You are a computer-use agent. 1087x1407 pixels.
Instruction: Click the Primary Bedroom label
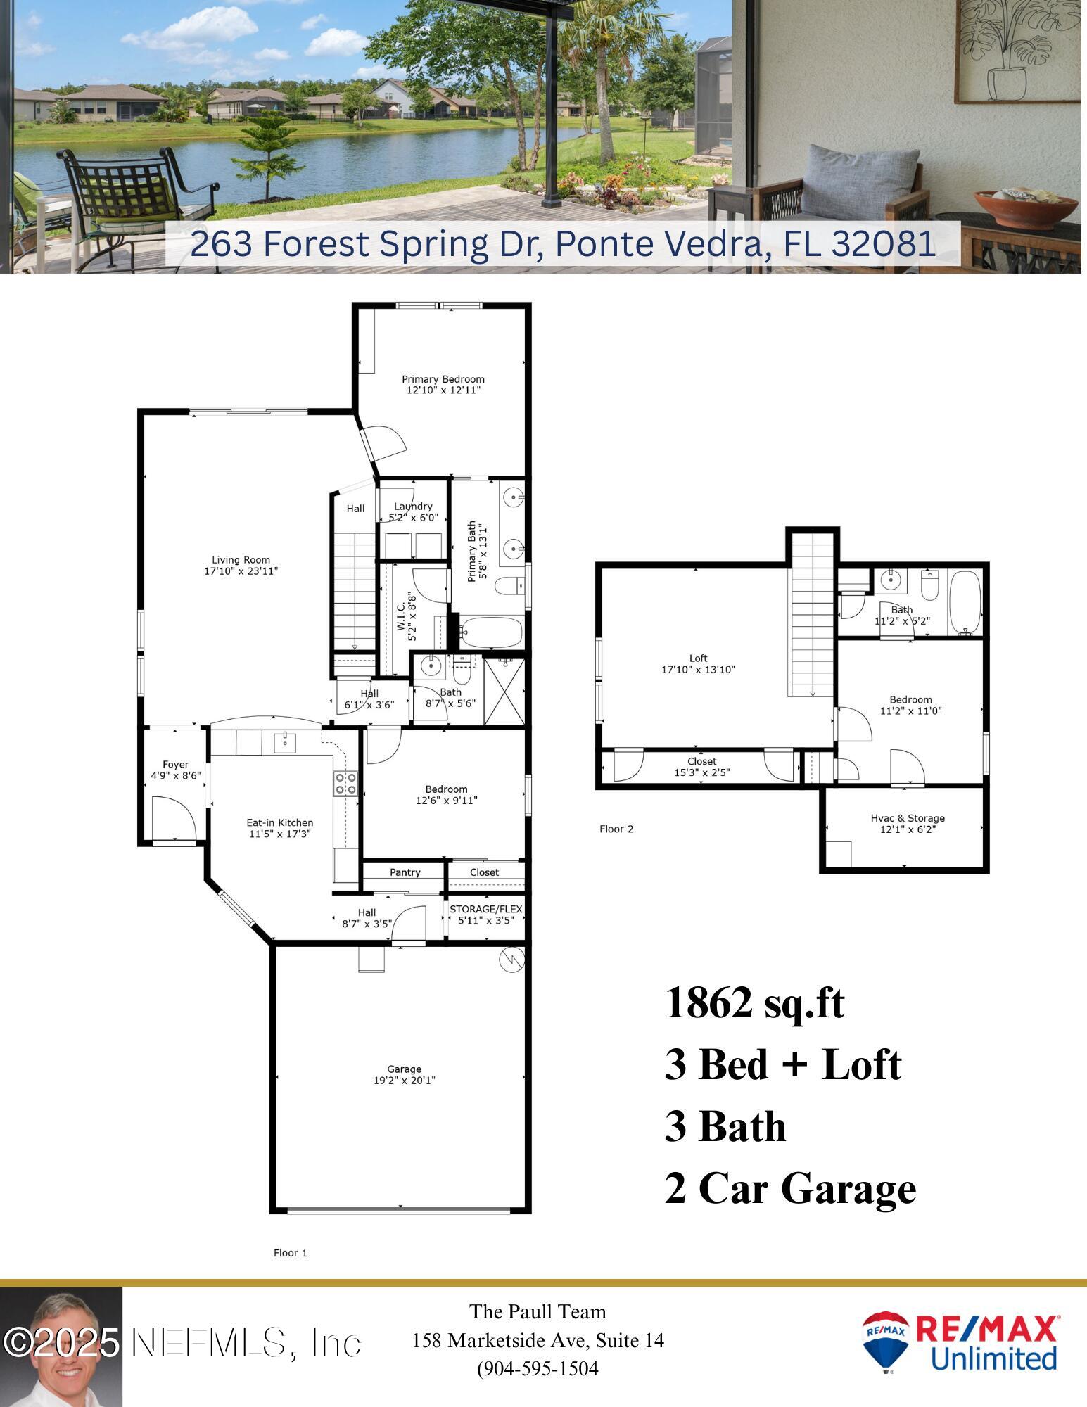coord(443,379)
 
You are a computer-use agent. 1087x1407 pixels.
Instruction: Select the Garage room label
coord(404,1069)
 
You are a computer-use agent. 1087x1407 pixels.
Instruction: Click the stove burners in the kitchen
coord(345,783)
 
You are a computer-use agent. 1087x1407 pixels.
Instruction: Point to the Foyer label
coord(175,765)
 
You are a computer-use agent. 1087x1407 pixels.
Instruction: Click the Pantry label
coord(405,872)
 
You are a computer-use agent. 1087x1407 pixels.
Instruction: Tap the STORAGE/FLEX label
coord(485,909)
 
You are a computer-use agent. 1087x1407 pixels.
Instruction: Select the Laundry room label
coord(413,507)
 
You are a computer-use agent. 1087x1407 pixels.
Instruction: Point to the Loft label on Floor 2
coord(698,658)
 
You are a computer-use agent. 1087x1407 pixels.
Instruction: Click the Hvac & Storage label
coord(908,818)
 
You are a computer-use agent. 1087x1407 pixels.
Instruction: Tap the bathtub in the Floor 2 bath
coord(965,602)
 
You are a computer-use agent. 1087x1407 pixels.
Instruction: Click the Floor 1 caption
coord(290,1253)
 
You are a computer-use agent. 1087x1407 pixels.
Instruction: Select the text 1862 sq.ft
coord(754,1002)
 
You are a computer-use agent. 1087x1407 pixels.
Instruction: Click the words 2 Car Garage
coord(790,1188)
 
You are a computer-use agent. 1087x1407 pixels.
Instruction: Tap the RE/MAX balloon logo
coord(885,1342)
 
